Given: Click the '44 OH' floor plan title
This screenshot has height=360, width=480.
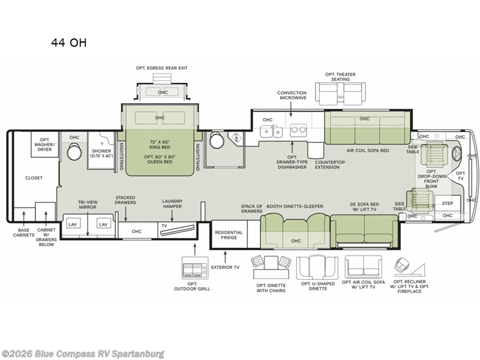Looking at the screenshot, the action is (x=69, y=43).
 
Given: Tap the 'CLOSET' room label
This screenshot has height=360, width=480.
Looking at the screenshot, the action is (x=34, y=178).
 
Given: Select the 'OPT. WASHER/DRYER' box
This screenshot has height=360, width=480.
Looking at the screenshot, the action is (x=44, y=145).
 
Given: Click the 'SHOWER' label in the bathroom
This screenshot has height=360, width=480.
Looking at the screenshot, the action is (x=101, y=151).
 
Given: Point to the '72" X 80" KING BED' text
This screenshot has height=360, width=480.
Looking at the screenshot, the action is (x=160, y=145).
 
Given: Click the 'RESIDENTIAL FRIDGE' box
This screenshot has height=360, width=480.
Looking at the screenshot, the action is (x=229, y=235).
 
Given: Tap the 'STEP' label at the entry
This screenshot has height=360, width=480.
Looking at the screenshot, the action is (x=447, y=203).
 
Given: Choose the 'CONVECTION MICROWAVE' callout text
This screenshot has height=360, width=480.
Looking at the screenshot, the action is (x=292, y=95).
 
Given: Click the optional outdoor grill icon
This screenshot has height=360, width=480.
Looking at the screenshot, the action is (x=195, y=268).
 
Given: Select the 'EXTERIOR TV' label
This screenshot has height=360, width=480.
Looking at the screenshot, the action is (x=226, y=267).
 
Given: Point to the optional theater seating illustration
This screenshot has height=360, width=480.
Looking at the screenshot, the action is (x=340, y=95).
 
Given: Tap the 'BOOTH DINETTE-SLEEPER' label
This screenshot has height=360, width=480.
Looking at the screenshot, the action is (x=295, y=206).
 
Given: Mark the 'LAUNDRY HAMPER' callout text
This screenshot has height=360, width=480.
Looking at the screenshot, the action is (x=172, y=204).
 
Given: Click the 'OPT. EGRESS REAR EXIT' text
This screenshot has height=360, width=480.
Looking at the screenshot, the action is (x=161, y=68).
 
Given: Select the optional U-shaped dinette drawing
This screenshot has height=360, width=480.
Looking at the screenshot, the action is (x=317, y=268).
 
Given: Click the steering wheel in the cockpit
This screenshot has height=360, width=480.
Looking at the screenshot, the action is (x=458, y=154).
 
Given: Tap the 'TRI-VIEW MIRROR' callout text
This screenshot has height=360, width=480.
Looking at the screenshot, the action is (x=88, y=205).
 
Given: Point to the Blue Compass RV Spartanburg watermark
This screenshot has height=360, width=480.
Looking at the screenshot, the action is (x=82, y=354).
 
